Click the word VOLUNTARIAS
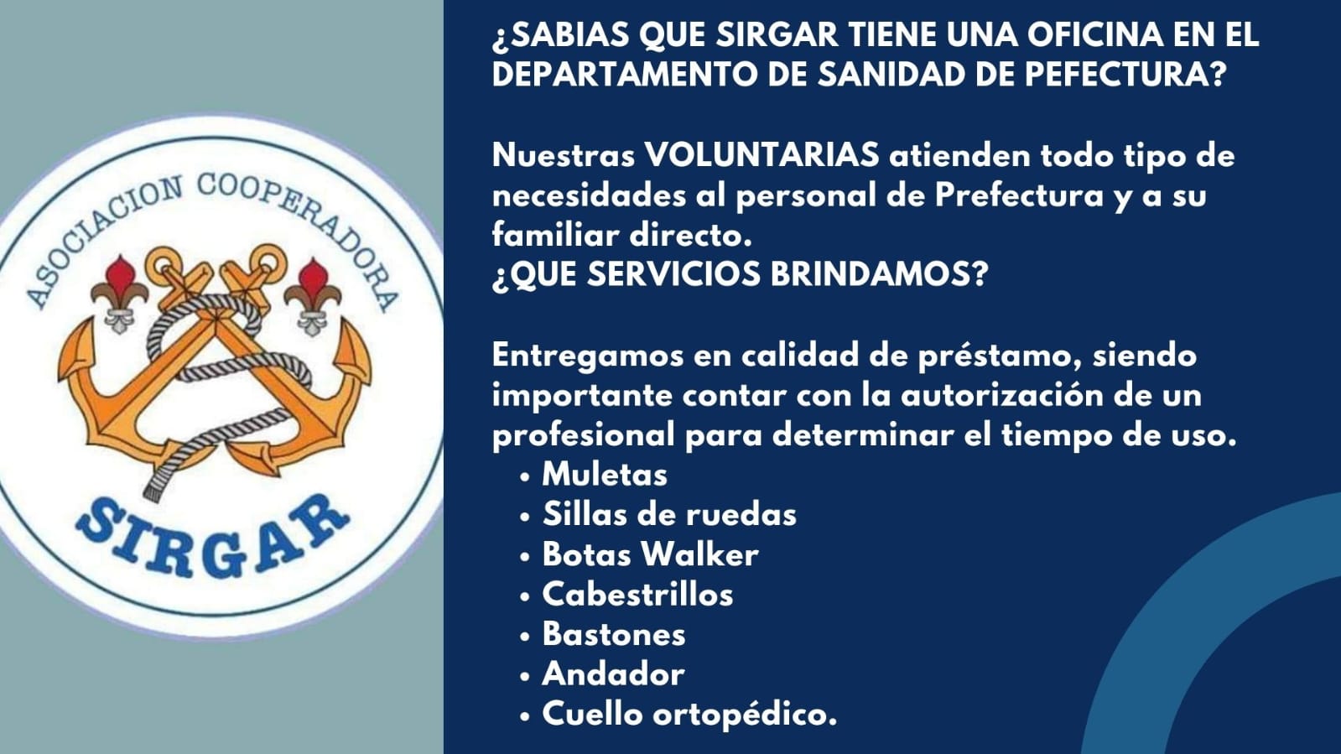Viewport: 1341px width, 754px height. (761, 156)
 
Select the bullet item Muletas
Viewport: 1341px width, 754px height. (604, 475)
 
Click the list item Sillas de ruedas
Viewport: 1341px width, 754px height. (669, 514)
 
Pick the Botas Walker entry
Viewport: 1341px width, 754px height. (650, 554)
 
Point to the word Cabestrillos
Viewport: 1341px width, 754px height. (637, 595)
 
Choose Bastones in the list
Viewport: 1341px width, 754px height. (614, 634)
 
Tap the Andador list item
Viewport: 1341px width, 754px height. (613, 674)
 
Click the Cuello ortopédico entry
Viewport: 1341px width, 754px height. (689, 715)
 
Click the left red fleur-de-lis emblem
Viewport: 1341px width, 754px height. (120, 294)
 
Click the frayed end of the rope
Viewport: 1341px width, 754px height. (154, 490)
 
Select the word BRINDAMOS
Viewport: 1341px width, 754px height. (879, 274)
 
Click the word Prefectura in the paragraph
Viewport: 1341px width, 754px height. (1019, 195)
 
